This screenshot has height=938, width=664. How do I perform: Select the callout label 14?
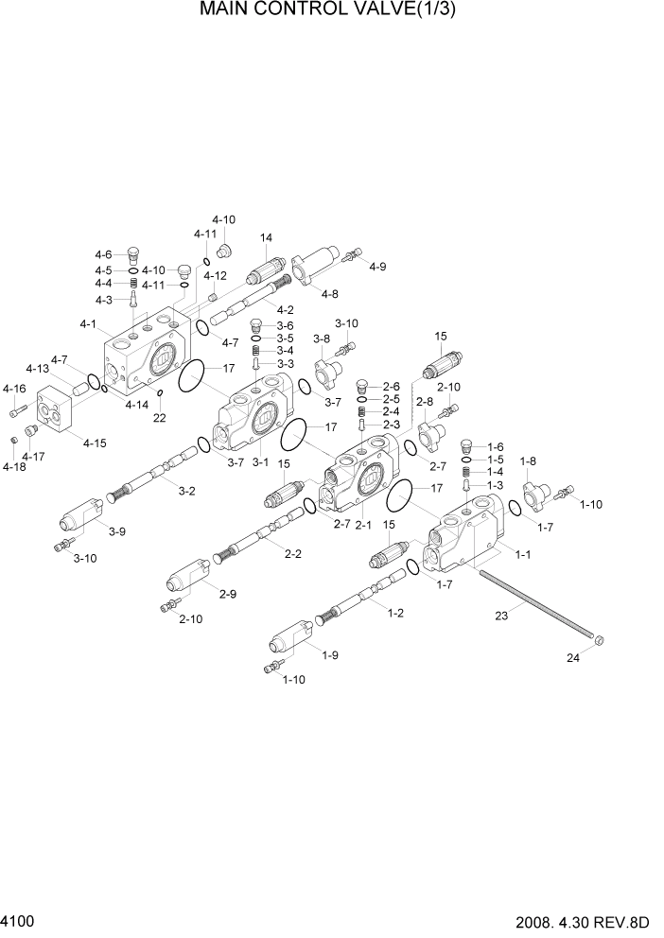[x=266, y=237]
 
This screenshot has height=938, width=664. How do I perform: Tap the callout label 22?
[x=160, y=417]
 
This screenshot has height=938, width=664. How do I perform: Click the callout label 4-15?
[x=95, y=443]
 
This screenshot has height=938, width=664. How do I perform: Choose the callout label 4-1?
[x=89, y=324]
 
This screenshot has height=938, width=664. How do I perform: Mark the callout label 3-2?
[x=187, y=490]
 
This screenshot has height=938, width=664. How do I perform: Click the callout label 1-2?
[x=395, y=613]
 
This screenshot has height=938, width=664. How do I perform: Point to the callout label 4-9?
[x=377, y=267]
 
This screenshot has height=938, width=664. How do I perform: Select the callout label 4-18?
[x=14, y=466]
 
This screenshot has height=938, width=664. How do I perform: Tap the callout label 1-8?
[x=528, y=460]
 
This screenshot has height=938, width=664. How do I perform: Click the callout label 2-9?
[x=227, y=594]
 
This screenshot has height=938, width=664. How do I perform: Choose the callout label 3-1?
[x=259, y=462]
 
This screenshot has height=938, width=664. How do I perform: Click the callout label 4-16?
[x=14, y=389]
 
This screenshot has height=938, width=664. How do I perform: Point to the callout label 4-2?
[x=285, y=309]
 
